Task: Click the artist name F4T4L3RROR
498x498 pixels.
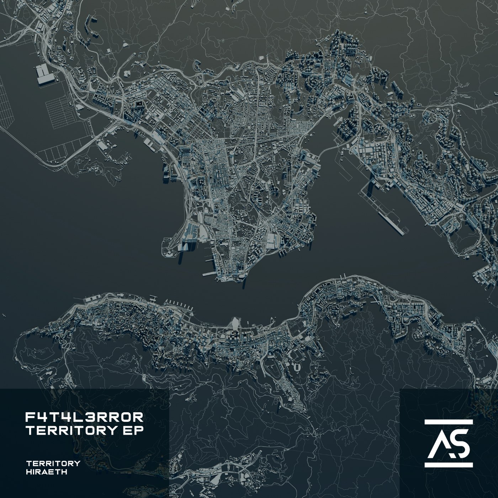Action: point(85,416)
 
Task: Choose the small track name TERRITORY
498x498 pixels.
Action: point(53,463)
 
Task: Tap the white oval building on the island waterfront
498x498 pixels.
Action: point(235,324)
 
